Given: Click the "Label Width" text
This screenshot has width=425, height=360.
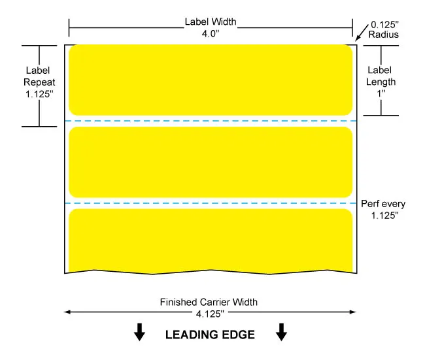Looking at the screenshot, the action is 211,22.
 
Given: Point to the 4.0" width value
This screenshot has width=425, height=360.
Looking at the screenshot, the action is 211,33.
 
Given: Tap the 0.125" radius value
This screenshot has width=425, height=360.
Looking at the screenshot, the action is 384,25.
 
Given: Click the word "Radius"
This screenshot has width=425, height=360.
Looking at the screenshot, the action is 384,35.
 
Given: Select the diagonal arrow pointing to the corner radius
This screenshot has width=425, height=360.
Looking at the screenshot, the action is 362,33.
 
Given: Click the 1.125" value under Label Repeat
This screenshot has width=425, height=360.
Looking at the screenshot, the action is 39,94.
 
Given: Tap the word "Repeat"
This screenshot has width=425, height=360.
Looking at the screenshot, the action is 39,82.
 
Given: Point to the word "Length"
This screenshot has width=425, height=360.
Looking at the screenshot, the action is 381,82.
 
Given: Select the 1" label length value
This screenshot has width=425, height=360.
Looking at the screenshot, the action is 381,93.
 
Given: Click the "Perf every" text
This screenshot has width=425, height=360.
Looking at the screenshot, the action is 383,204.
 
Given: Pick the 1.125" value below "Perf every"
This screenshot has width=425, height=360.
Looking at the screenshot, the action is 384,216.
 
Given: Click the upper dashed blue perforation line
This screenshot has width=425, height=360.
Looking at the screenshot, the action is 211,121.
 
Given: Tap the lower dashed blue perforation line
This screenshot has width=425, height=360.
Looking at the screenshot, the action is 211,203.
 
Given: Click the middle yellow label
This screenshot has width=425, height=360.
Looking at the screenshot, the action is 211,162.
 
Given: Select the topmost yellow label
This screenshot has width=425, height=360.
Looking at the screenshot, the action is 211,80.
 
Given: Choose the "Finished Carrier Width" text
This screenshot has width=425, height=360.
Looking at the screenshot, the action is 209,302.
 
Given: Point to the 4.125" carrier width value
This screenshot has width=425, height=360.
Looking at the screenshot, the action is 210,314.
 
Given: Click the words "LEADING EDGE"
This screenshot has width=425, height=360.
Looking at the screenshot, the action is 210,335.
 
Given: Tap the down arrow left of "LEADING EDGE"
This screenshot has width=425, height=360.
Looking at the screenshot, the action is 139,332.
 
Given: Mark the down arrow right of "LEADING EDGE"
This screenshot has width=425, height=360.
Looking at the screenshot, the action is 281,332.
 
